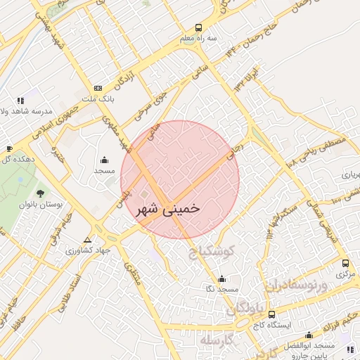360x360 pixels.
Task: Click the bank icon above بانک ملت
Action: point(98,88)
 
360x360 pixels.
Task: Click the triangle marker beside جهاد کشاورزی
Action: point(86,240)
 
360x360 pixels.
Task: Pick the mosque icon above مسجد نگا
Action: point(222,278)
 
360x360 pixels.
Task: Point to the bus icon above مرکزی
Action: point(345,263)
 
